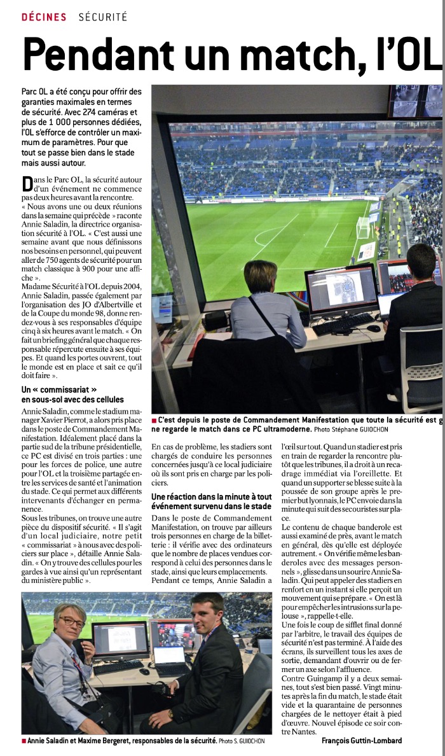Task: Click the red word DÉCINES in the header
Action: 44,17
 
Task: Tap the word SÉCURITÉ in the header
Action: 104,17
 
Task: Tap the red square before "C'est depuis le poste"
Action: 154,421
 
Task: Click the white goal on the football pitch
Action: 364,226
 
